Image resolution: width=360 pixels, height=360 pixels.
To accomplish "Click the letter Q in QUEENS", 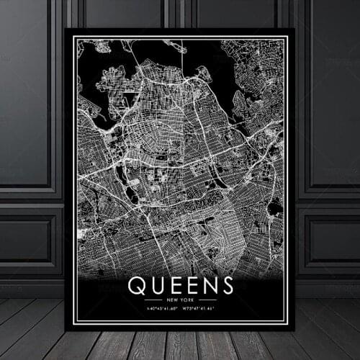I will (136, 285).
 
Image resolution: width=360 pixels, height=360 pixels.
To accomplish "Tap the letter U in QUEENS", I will (154, 285).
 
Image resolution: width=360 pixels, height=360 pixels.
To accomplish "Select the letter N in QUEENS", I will (209, 285).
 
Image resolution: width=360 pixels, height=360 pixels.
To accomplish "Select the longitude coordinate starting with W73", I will (200, 310).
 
